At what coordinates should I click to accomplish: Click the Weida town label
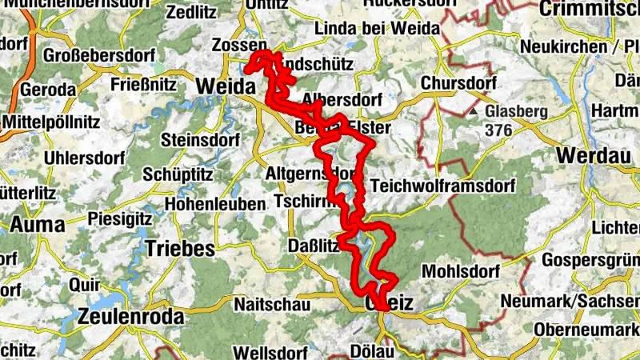pos(225,86)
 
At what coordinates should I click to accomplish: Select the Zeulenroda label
pos(131,316)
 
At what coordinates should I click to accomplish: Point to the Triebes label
pos(180,248)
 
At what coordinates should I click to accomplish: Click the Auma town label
pos(36,225)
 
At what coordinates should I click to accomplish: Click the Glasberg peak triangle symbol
pos(474,112)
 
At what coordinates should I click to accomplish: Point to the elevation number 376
pos(498,128)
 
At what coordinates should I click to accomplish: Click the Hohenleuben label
pos(215,204)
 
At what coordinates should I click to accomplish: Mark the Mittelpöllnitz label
pos(51,122)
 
